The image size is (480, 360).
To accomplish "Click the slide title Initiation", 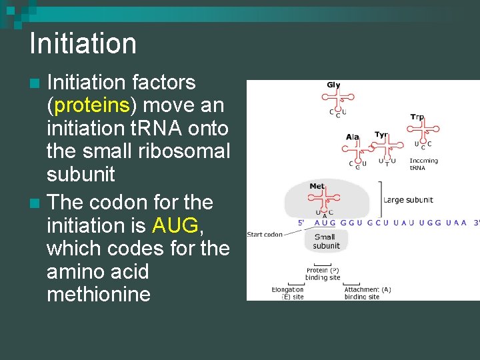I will (83, 44).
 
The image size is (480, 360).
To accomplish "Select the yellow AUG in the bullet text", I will (175, 225).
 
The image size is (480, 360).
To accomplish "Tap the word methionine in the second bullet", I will (98, 294).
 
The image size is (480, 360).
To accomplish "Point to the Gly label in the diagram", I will (333, 85).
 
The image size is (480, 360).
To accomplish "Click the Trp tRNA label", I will (417, 117).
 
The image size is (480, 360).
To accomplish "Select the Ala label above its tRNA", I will (353, 137).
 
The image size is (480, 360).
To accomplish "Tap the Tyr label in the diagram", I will (381, 134).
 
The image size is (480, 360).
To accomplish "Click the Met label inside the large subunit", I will (317, 187).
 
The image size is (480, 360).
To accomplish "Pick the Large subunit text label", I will (408, 199).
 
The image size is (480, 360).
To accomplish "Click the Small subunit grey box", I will (326, 241).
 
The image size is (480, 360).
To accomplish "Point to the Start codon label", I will (265, 234).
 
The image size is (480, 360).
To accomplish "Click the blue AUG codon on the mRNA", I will (325, 223).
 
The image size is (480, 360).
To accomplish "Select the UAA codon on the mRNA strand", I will (455, 223).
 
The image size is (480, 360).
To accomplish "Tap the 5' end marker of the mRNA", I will (302, 223).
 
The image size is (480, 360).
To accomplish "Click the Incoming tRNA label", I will (423, 164).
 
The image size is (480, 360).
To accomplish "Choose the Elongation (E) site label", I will (287, 293).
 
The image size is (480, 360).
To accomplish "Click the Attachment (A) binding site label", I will (367, 293).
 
